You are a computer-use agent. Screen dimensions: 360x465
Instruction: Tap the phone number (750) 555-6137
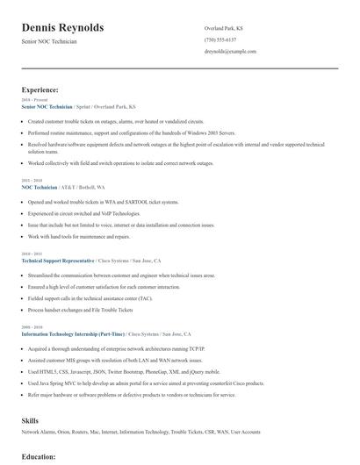tap(220, 40)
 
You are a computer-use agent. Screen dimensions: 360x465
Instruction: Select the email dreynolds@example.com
tap(230, 53)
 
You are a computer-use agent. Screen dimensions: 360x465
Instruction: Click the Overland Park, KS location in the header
tap(225, 28)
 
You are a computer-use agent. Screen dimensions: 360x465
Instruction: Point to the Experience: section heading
tap(40, 89)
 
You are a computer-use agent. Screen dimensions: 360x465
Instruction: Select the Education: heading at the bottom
tap(39, 457)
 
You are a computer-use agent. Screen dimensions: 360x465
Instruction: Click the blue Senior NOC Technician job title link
tap(47, 106)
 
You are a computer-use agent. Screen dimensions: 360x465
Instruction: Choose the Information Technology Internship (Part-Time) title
tap(73, 334)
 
